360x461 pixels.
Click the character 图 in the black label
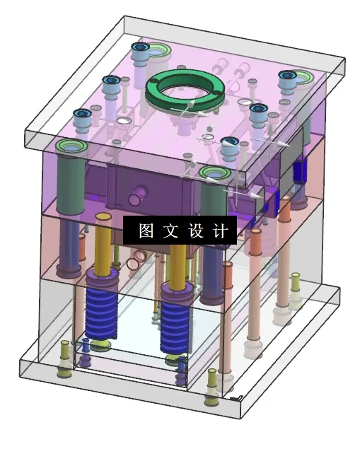point(146,231)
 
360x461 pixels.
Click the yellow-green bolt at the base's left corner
point(64,354)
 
